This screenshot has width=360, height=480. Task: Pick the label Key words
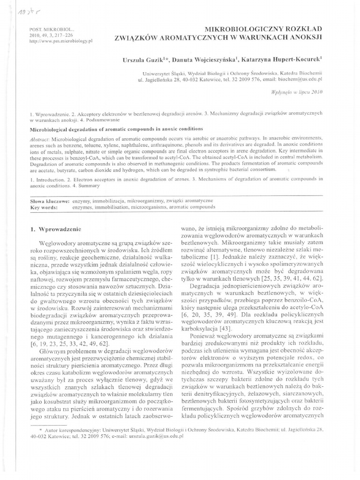coord(43,207)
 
